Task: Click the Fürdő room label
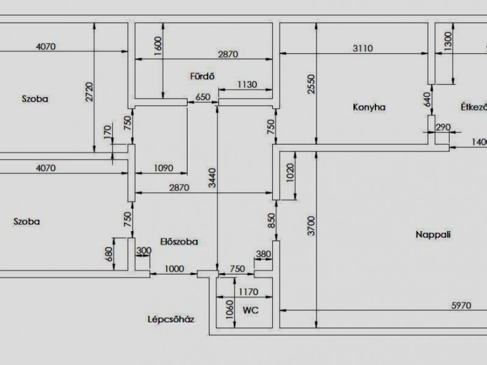point(202,76)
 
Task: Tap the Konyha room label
point(369,108)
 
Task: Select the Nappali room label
point(433,234)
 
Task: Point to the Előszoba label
point(179,242)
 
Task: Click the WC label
point(250,310)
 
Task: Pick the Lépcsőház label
point(171,319)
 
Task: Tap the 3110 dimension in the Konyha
point(362,49)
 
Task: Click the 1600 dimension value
point(158,46)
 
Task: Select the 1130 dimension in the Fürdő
point(247,85)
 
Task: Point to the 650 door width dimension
point(203,97)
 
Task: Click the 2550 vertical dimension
point(311,84)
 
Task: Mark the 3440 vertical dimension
point(212,178)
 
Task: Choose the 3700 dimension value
point(311,226)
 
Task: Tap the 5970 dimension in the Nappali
point(461,305)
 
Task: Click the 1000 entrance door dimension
point(174,269)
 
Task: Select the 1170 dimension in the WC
point(248,292)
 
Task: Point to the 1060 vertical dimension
point(229,310)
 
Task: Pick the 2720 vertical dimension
point(89,92)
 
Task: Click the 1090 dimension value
point(163,168)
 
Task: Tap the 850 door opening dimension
point(272,220)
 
